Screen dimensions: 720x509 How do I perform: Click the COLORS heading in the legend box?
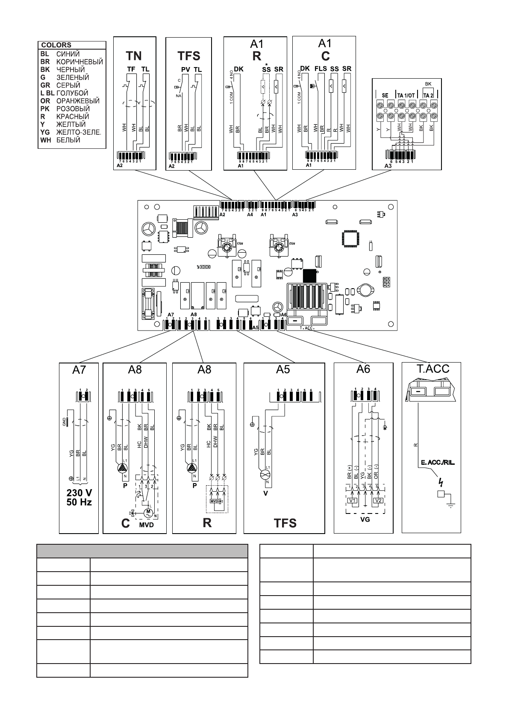pyautogui.click(x=56, y=45)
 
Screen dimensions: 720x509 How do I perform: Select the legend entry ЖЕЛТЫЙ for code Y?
pyautogui.click(x=71, y=124)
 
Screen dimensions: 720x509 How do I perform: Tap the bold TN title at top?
pyautogui.click(x=134, y=56)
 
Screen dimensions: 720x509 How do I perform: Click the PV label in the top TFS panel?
pyautogui.click(x=185, y=70)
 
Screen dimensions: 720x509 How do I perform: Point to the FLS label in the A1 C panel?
pyautogui.click(x=321, y=69)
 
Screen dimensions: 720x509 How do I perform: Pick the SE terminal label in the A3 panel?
pyautogui.click(x=385, y=95)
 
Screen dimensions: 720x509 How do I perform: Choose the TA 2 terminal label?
pyautogui.click(x=428, y=95)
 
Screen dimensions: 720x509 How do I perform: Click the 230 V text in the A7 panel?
pyautogui.click(x=79, y=493)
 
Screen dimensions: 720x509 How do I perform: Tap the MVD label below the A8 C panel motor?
pyautogui.click(x=146, y=525)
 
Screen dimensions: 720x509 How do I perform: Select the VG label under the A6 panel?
pyautogui.click(x=365, y=519)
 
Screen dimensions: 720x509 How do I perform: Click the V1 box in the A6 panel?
pyautogui.click(x=353, y=501)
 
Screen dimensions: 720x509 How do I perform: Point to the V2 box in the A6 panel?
pyautogui.click(x=378, y=501)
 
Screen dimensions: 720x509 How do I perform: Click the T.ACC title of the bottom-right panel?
pyautogui.click(x=433, y=369)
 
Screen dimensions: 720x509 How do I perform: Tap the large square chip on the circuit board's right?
pyautogui.click(x=349, y=237)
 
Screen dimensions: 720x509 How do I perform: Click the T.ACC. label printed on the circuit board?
pyautogui.click(x=307, y=328)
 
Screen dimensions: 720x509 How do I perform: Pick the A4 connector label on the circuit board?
pyautogui.click(x=250, y=215)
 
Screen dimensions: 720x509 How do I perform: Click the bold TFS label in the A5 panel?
pyautogui.click(x=285, y=523)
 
